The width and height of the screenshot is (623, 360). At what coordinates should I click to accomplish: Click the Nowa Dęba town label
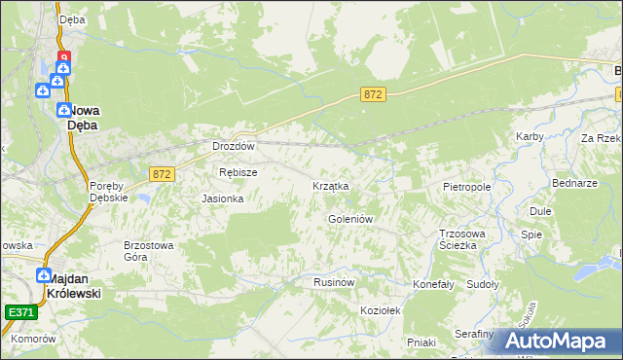88,117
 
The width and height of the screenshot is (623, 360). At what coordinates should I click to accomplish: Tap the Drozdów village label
234,147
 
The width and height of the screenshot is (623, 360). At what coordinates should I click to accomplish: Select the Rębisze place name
238,172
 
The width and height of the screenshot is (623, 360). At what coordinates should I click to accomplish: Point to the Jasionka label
222,198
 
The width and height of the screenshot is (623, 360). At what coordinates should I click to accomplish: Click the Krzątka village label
330,185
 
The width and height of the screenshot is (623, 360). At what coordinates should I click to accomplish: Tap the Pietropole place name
466,185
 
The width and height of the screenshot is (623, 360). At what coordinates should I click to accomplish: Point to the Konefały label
434,284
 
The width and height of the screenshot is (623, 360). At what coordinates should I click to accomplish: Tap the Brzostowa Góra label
148,251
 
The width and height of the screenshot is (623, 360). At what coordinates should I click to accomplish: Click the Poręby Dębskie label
109,191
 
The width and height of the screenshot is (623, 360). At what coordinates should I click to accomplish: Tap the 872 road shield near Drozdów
163,173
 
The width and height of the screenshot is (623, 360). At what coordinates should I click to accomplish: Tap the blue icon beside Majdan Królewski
44,275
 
